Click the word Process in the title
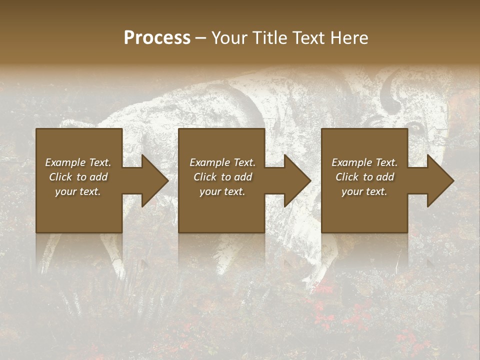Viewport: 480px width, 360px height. (157, 38)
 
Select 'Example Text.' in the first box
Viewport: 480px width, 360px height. (78, 162)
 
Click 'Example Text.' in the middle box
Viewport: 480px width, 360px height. (222, 162)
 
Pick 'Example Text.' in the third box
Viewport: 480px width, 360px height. (364, 162)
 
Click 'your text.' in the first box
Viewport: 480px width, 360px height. (78, 191)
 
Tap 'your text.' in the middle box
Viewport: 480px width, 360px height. (222, 191)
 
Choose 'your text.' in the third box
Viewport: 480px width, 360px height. (364, 191)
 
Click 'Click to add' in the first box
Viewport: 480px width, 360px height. (78, 177)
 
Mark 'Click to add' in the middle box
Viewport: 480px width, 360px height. (222, 177)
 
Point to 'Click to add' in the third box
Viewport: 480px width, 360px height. (364, 177)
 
